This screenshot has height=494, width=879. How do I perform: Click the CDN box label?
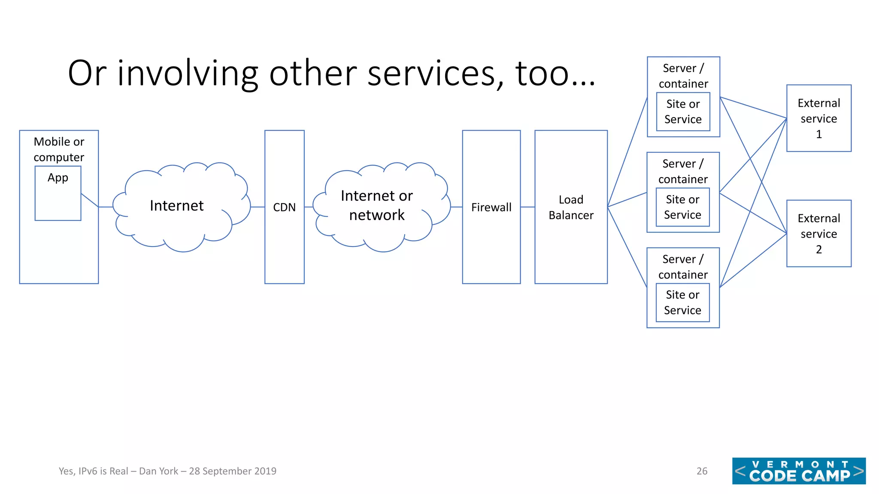(284, 207)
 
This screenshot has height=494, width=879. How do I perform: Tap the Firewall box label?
(491, 207)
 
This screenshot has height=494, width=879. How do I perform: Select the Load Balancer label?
(571, 207)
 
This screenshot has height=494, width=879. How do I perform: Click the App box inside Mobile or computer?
(58, 193)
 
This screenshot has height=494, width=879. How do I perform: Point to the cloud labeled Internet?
(176, 206)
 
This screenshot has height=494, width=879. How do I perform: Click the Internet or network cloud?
(376, 205)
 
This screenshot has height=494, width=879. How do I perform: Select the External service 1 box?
(818, 118)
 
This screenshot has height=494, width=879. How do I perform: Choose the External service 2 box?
(818, 234)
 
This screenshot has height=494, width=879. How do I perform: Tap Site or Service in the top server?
(683, 111)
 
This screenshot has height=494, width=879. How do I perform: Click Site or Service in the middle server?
(682, 207)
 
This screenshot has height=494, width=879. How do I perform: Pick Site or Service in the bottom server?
(682, 302)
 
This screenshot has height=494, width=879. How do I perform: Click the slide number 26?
(702, 471)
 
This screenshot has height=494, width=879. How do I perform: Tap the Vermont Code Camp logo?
(798, 471)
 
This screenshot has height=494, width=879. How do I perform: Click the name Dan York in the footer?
(158, 471)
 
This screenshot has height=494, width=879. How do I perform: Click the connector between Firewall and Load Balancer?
(527, 207)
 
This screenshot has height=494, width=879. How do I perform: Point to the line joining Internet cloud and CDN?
(258, 207)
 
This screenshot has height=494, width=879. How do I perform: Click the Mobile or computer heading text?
(59, 149)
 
